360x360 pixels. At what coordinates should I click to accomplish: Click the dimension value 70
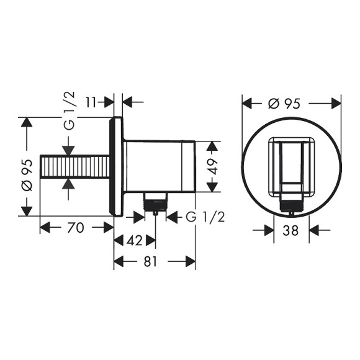[x=74, y=228]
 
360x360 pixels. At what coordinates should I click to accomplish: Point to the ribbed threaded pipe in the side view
[x=75, y=167]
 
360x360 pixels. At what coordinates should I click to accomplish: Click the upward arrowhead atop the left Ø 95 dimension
[x=25, y=122]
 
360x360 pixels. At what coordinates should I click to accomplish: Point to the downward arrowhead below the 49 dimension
[x=212, y=188]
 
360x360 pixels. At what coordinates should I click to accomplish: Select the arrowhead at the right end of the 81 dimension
[x=191, y=263]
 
